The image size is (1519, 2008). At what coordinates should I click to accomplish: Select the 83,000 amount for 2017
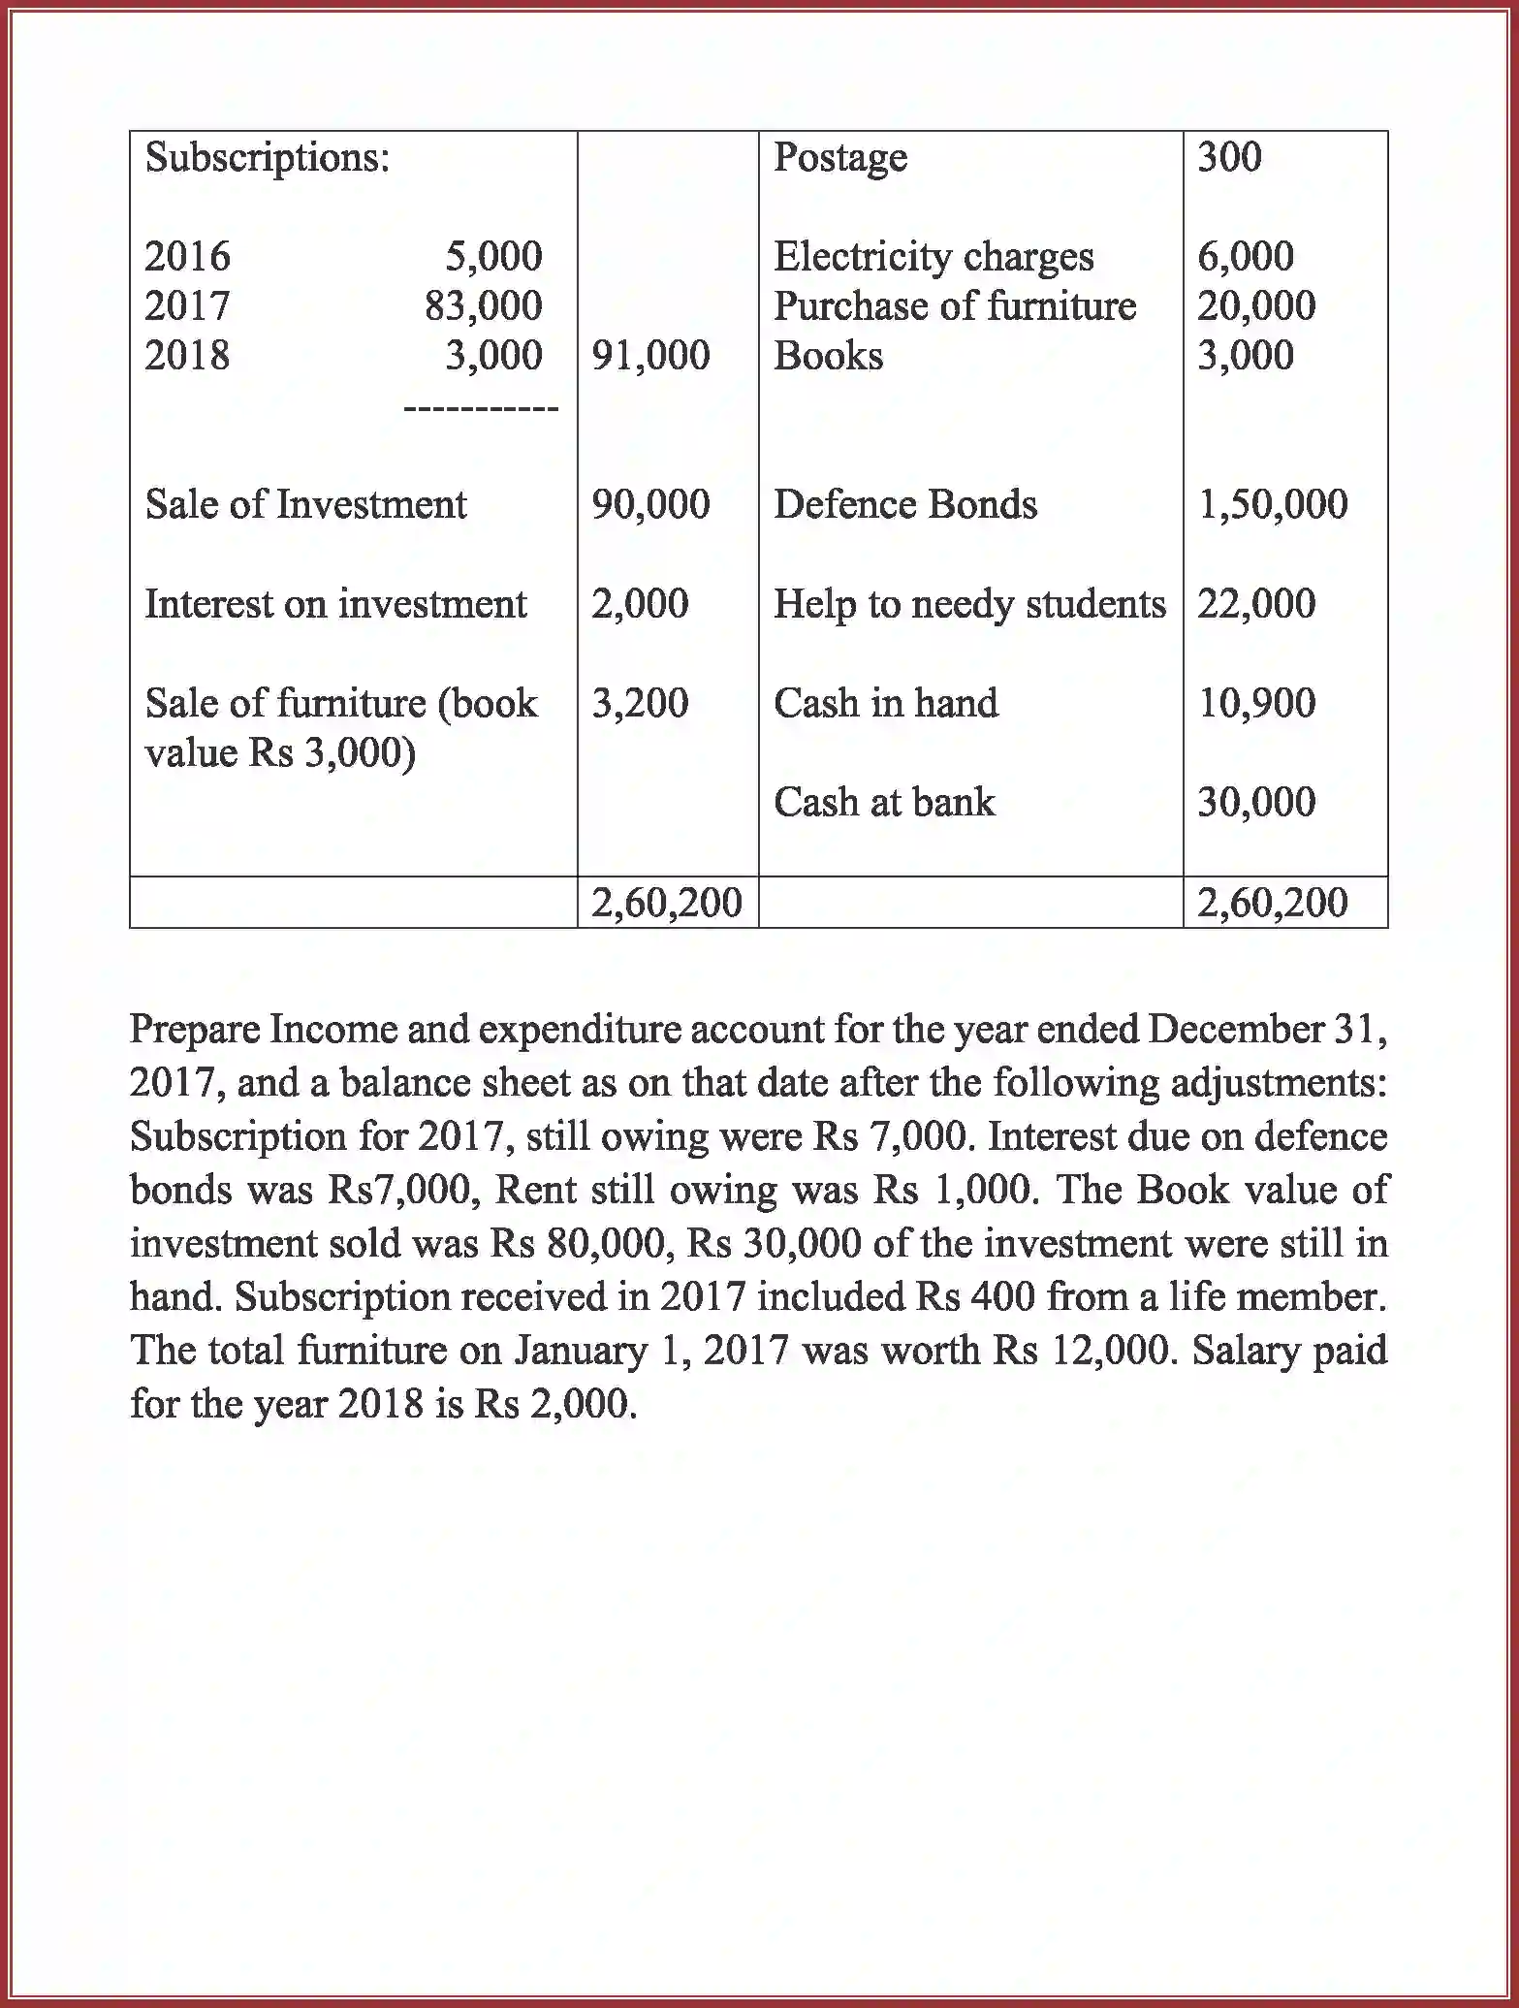(483, 306)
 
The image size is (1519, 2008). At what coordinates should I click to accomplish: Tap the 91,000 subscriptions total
(650, 356)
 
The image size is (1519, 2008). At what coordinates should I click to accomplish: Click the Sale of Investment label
(305, 505)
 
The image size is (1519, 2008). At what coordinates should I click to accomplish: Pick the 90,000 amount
(650, 505)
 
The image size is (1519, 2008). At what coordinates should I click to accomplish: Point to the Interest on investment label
(335, 605)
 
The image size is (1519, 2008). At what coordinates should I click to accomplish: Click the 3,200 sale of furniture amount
(640, 704)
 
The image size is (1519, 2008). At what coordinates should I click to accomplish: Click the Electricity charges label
(933, 257)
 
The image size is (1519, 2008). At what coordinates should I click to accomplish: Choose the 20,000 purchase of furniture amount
(1255, 306)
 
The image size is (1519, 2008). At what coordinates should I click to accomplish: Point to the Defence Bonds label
(904, 505)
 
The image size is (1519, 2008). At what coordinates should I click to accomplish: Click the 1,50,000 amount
(1272, 505)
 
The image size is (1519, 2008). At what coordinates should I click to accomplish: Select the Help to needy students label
(968, 605)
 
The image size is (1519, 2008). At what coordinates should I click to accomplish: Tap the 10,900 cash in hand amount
(1255, 704)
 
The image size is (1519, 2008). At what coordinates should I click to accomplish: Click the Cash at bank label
(883, 803)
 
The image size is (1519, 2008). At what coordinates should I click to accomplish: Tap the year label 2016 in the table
(187, 257)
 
